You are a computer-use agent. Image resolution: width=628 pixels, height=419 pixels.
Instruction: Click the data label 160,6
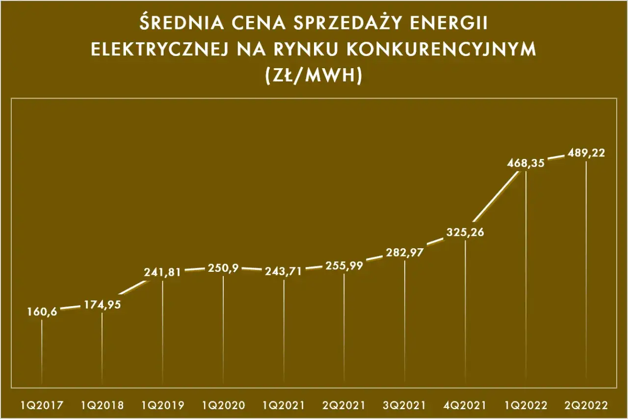(42, 312)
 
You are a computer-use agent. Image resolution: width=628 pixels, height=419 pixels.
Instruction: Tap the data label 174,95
(103, 304)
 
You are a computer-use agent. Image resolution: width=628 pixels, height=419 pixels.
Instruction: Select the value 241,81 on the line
(162, 272)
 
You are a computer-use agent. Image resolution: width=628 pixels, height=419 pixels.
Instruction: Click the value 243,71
(284, 271)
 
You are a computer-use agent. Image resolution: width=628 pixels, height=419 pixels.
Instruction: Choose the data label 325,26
(465, 232)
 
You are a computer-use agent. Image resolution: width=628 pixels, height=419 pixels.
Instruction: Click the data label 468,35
(526, 164)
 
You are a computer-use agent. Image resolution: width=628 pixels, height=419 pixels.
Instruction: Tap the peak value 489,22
(586, 153)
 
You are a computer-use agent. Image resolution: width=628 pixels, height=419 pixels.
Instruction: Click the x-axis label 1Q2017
(42, 405)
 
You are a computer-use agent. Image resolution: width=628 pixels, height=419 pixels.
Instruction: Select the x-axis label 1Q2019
(162, 405)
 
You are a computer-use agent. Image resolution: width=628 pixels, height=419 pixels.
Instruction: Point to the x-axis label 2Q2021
(344, 405)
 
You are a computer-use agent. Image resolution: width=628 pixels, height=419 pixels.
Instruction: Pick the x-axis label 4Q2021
(465, 405)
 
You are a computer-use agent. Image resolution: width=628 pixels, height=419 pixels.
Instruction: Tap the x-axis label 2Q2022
(586, 405)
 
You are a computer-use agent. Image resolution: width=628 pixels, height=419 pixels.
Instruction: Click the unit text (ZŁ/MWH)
(314, 76)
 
